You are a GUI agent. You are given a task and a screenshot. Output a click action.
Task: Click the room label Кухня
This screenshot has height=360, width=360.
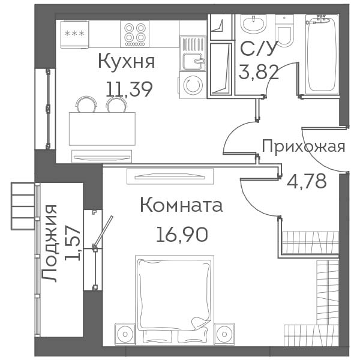tap(127, 62)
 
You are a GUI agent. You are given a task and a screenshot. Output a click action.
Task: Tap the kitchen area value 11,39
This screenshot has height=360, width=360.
tap(129, 89)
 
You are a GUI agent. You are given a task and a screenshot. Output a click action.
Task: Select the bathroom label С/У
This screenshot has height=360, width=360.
tap(258, 48)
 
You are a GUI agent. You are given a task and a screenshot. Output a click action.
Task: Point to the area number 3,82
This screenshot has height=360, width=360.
tap(259, 72)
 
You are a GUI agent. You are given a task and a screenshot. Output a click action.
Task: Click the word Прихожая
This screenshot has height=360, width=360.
tap(303, 146)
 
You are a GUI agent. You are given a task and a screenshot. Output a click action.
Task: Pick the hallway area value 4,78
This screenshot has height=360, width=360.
tap(307, 181)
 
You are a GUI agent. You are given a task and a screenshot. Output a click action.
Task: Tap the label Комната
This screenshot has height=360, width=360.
tap(181, 205)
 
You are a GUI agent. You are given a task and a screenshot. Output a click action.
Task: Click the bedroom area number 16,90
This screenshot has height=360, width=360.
tap(182, 235)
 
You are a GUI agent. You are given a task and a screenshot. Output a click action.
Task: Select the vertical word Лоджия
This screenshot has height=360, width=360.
tap(49, 244)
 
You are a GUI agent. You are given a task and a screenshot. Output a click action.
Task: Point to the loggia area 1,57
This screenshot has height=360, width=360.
tap(72, 243)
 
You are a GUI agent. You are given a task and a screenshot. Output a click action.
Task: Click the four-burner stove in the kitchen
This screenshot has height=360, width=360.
tap(134, 34)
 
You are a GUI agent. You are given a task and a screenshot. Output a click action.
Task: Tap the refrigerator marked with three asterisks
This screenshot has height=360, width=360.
tap(74, 34)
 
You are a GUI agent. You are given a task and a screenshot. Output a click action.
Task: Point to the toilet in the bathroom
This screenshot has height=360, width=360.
tap(284, 31)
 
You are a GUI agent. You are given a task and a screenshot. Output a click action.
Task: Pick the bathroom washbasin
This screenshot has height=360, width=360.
tap(253, 24)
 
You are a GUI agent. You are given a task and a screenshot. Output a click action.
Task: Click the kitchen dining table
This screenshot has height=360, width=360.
tap(102, 128)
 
